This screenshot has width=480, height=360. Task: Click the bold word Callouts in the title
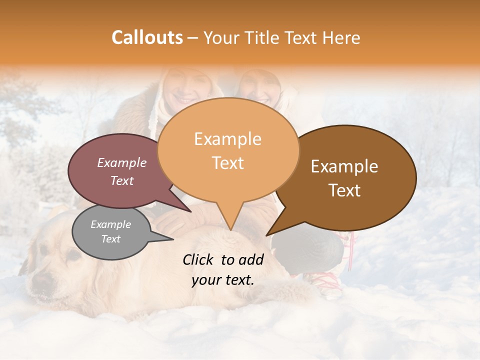click(x=147, y=37)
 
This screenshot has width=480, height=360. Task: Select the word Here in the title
click(x=342, y=37)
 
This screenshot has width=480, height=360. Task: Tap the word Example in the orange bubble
click(x=227, y=139)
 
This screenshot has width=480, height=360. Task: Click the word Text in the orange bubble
click(x=227, y=162)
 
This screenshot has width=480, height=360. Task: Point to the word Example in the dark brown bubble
click(x=344, y=166)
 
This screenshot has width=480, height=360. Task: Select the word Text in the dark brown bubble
click(x=344, y=190)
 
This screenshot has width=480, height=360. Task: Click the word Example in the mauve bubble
click(x=122, y=162)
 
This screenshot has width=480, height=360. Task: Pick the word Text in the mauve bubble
click(x=122, y=180)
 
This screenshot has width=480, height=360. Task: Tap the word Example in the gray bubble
click(x=110, y=224)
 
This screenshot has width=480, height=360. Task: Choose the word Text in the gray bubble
click(x=110, y=239)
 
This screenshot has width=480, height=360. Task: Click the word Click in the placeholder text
click(x=199, y=259)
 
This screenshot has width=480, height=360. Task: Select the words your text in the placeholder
click(x=223, y=280)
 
